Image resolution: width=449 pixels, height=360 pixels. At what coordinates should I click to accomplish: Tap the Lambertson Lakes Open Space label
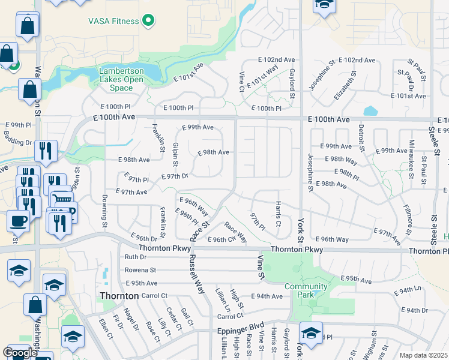click(121, 79)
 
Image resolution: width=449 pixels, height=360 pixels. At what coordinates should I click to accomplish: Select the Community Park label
click(307, 290)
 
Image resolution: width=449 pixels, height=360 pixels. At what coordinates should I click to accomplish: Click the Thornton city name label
click(119, 296)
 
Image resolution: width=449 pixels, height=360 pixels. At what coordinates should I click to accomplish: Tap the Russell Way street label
click(197, 274)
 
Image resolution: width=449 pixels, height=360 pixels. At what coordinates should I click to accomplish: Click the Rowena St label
click(140, 270)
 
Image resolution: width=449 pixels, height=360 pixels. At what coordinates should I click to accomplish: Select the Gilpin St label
click(175, 155)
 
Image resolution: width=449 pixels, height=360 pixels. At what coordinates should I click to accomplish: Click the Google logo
click(20, 353)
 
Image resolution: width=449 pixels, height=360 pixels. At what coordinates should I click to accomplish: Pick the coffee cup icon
click(18, 220)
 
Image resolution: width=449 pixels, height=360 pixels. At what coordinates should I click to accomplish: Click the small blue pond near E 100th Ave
click(370, 111)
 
